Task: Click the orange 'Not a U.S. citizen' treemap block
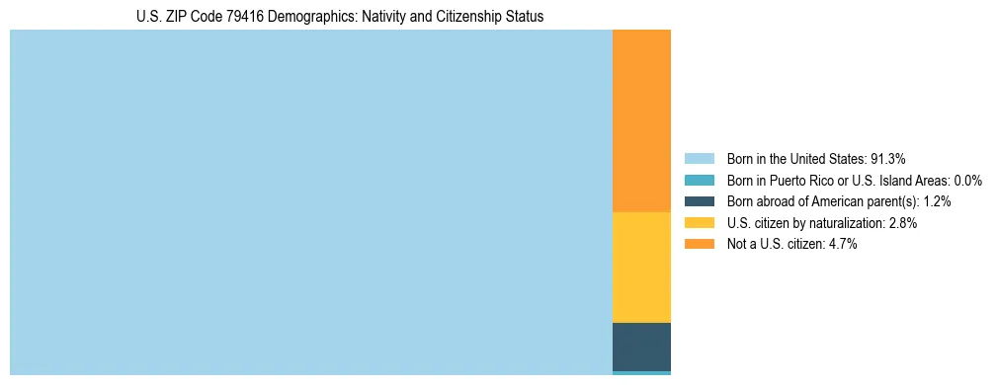641,120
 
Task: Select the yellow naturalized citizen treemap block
641,267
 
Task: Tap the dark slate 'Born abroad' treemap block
641,346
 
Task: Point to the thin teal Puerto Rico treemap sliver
641,373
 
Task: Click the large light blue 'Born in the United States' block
311,202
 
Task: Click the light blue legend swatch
699,159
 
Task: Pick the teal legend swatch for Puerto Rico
699,181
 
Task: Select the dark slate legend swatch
699,201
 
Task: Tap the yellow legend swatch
699,223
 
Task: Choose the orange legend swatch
699,245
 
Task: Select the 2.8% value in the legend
903,223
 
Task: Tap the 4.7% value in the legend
843,245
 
